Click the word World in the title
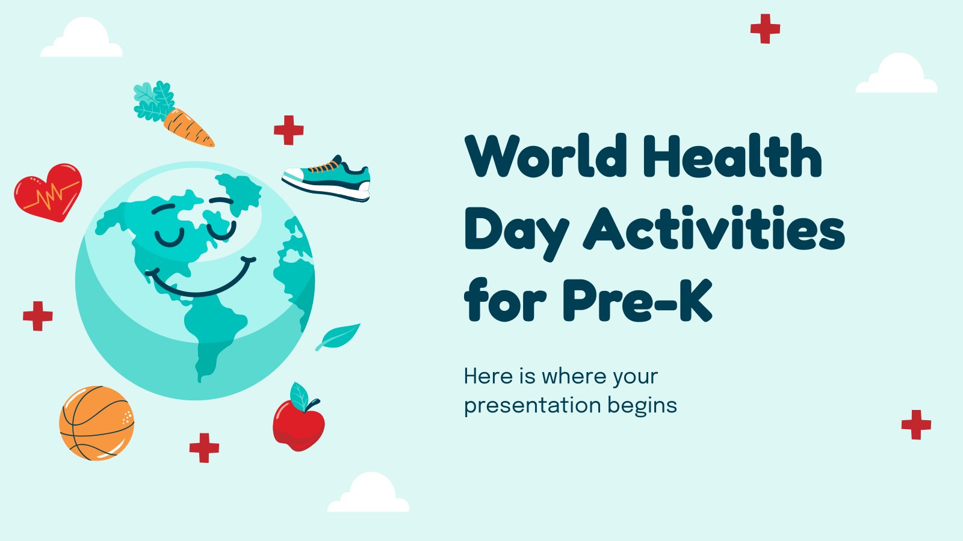click(546, 156)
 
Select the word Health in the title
click(732, 156)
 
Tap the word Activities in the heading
click(714, 228)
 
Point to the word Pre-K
click(637, 300)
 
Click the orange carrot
click(188, 127)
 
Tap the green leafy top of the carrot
click(153, 101)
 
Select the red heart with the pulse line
click(48, 192)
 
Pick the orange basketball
click(97, 423)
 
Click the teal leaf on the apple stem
click(299, 396)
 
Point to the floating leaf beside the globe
click(338, 337)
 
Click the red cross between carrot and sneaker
click(289, 130)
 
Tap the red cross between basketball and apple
click(204, 448)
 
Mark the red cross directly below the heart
click(38, 316)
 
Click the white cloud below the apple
click(368, 493)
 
